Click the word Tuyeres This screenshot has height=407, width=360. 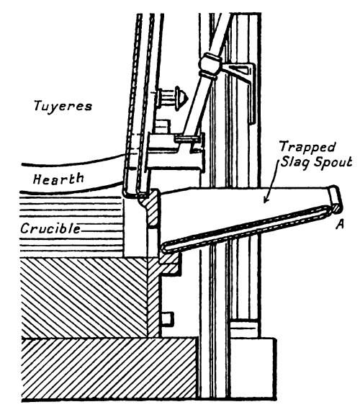pos(63,106)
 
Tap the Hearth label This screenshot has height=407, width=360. pos(58,179)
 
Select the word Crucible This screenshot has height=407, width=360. pos(50,228)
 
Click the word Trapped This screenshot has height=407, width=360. pos(307,148)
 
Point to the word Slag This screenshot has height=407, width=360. pos(295,163)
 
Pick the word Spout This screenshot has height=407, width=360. pos(333,163)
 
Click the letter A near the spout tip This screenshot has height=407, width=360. pos(340,224)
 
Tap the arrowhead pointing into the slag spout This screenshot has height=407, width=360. pos(266,200)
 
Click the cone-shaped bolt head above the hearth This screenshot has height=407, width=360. pos(182,99)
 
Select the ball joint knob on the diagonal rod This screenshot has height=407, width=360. pos(210,64)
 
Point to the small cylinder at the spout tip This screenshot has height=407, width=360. pos(336,200)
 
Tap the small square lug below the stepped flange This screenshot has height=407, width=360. pos(167,318)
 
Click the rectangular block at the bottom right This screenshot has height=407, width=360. pos(253,370)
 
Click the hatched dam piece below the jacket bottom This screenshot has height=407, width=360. pos(151,207)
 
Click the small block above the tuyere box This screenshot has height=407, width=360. pos(163,127)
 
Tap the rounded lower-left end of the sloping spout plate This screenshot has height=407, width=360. pos(164,246)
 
